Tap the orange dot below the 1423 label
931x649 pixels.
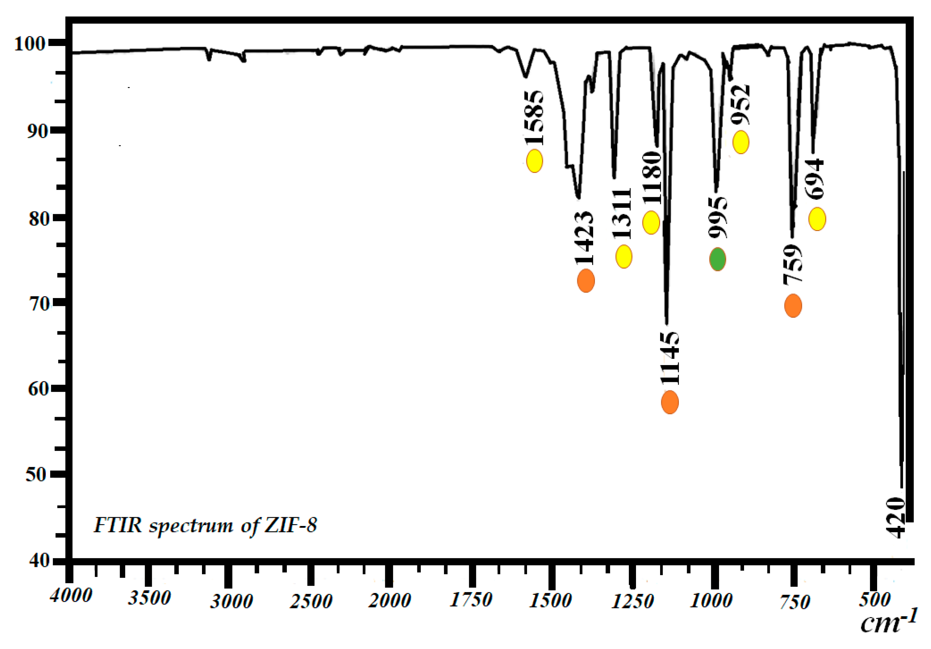tap(586, 281)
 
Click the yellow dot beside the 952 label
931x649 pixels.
tap(740, 142)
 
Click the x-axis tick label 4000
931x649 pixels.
tap(71, 595)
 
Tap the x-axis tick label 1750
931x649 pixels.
tap(471, 599)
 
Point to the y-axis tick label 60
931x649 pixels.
tap(38, 389)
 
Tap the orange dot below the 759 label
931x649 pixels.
tap(793, 306)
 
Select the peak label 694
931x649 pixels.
tap(815, 179)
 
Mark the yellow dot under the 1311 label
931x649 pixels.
tap(623, 256)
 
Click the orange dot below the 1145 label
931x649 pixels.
tap(670, 402)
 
